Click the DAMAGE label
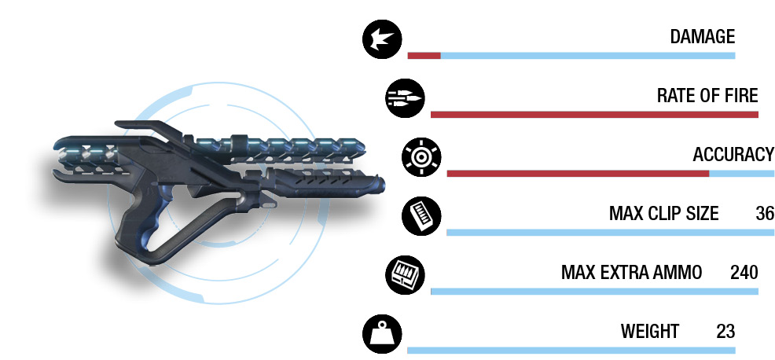point(703,37)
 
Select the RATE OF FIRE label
point(707,95)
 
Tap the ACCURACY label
point(733,155)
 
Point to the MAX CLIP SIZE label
point(664,214)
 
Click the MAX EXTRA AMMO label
point(632,273)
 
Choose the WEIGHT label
point(650,332)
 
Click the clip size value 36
point(765,214)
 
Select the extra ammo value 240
point(744,273)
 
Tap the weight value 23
point(725,332)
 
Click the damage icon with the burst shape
point(382,39)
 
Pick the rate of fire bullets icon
point(406,98)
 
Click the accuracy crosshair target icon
point(421,157)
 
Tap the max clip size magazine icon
point(421,216)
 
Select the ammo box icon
point(406,275)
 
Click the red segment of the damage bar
point(424,56)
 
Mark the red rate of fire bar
point(594,115)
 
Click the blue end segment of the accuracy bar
point(742,174)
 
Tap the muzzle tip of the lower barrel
point(381,185)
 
